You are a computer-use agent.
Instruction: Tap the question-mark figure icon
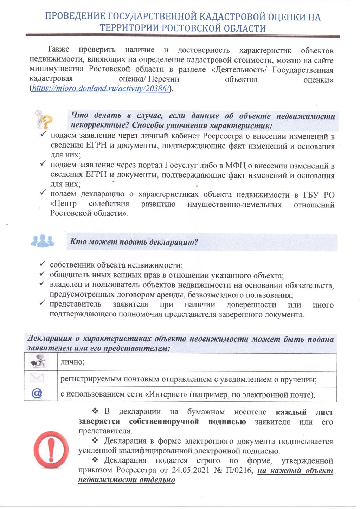44,120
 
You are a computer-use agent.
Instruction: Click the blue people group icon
43,241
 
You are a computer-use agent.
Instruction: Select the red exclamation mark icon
52,450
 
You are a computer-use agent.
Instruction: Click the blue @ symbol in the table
37,393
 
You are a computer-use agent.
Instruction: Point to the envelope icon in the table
37,378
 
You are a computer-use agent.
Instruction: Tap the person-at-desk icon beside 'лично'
38,361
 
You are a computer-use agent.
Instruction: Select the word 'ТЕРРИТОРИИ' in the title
126,28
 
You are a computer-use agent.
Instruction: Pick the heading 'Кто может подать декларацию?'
134,242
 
